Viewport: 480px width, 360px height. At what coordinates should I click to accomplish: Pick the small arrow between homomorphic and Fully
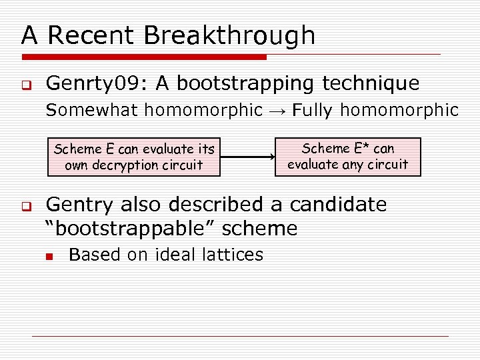coord(277,111)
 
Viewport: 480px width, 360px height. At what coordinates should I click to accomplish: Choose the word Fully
coord(313,110)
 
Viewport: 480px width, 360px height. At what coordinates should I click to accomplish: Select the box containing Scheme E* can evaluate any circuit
coord(347,157)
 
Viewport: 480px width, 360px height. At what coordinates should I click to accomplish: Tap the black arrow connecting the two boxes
coord(248,157)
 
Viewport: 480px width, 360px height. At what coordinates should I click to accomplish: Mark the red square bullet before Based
coord(49,255)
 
